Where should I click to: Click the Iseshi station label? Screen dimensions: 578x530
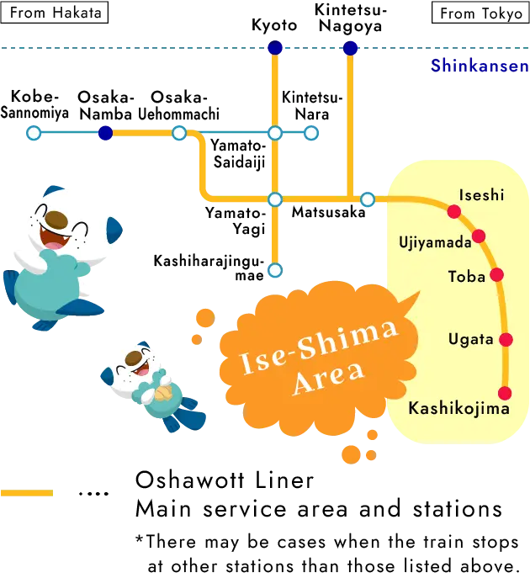coord(481,195)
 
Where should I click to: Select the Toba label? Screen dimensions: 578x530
coord(466,276)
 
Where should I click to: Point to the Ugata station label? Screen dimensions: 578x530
coord(470,339)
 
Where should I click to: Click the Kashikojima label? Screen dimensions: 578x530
coord(458,409)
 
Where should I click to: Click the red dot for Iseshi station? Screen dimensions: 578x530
coord(453,211)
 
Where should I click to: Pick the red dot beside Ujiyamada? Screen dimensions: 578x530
coord(479,236)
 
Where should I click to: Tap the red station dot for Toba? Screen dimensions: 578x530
coord(496,274)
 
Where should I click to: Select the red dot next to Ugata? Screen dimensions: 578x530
coord(506,339)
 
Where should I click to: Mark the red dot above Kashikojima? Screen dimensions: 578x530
coord(505,393)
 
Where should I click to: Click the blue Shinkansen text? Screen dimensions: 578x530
coord(480,66)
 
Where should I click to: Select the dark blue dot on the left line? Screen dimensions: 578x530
coord(105,133)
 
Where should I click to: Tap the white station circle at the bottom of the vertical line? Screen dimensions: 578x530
coord(274,270)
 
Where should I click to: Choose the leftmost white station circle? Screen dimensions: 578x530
coord(34,133)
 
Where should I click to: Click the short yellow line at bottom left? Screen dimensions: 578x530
coord(26,492)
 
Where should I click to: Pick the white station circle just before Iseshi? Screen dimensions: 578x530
coord(368,199)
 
